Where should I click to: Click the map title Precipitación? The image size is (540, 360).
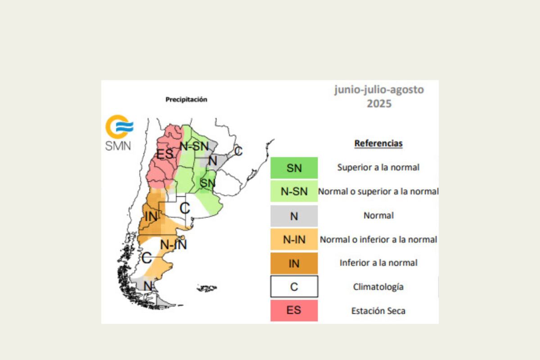pyautogui.click(x=186, y=99)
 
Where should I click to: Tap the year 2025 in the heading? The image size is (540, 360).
pyautogui.click(x=379, y=103)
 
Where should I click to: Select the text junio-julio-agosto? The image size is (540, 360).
pyautogui.click(x=379, y=90)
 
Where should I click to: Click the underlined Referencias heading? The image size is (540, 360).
pyautogui.click(x=378, y=144)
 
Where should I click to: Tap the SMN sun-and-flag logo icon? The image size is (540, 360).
pyautogui.click(x=119, y=126)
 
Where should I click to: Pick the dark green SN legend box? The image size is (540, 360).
pyautogui.click(x=294, y=168)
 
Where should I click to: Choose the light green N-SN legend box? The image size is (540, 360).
pyautogui.click(x=294, y=192)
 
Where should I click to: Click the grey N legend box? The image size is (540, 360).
pyautogui.click(x=294, y=216)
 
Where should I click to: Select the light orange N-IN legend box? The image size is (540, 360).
pyautogui.click(x=294, y=240)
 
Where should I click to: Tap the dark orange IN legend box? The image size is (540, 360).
pyautogui.click(x=294, y=263)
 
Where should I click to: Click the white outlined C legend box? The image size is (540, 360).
pyautogui.click(x=294, y=287)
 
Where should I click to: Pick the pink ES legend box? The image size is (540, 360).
pyautogui.click(x=294, y=310)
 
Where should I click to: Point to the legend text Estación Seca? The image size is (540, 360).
pyautogui.click(x=378, y=310)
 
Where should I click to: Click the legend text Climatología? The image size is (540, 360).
pyautogui.click(x=378, y=287)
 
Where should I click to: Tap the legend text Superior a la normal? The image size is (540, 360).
pyautogui.click(x=378, y=167)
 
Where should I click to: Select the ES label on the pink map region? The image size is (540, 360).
pyautogui.click(x=165, y=154)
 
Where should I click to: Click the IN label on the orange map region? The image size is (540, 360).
pyautogui.click(x=151, y=216)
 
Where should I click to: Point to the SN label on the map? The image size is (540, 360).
pyautogui.click(x=207, y=183)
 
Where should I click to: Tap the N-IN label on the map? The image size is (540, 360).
pyautogui.click(x=173, y=245)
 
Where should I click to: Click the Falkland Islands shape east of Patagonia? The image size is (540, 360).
pyautogui.click(x=207, y=288)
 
